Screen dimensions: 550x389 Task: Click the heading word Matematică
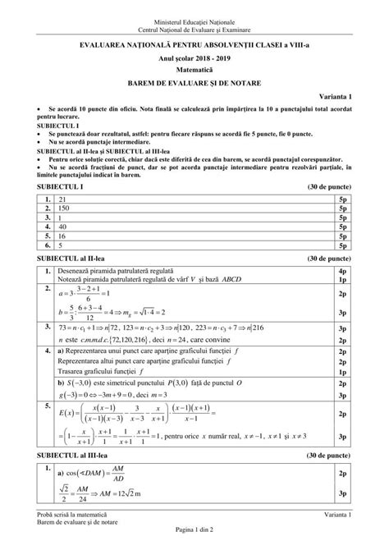pos(194,71)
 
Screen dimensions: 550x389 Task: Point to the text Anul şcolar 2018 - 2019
pos(194,60)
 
